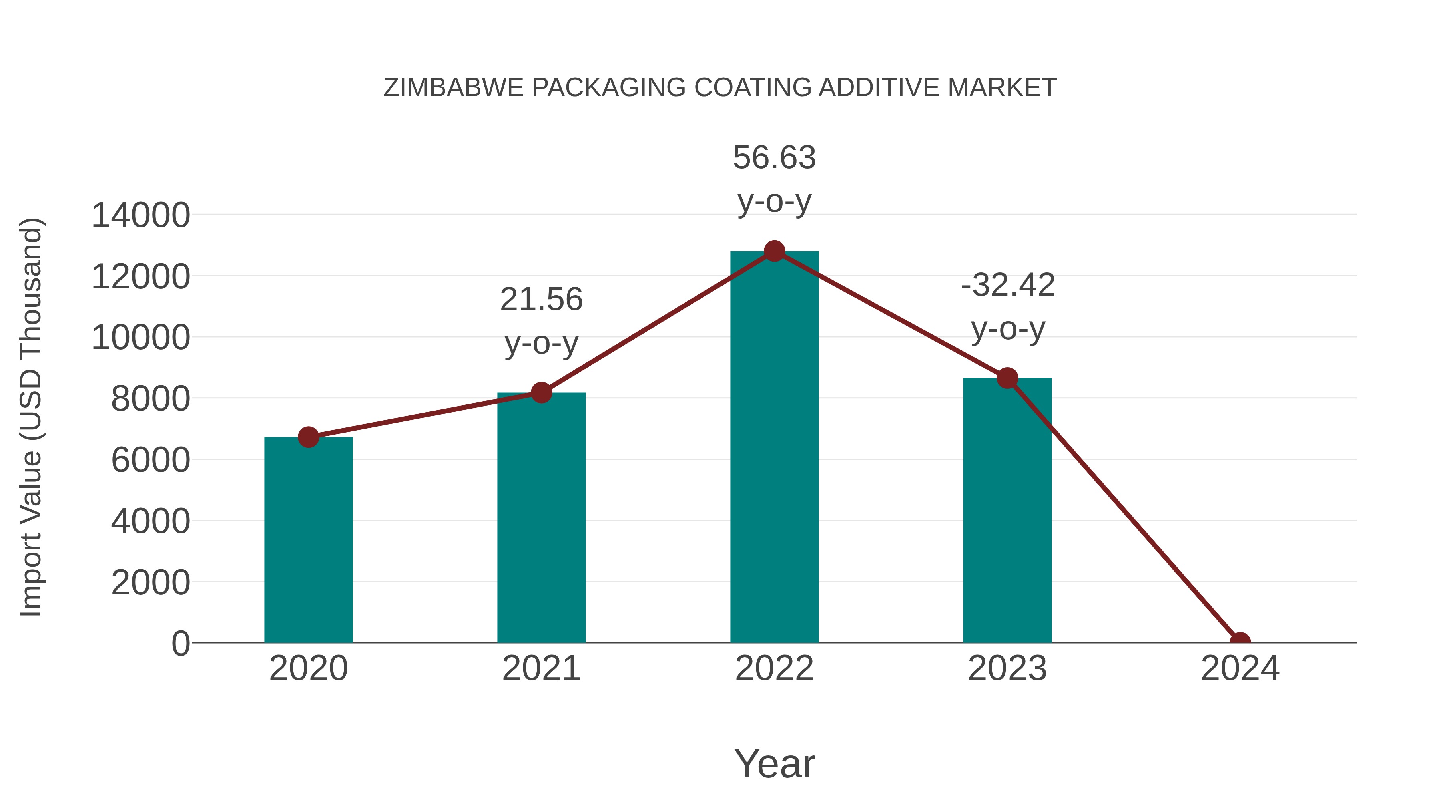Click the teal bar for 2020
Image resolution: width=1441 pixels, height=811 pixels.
[x=308, y=540]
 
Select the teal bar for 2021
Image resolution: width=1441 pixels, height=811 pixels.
[x=541, y=518]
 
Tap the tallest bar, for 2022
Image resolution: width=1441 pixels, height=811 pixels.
[x=774, y=448]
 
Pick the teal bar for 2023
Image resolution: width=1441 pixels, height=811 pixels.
[x=1007, y=511]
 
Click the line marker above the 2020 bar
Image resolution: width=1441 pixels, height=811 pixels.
[x=308, y=437]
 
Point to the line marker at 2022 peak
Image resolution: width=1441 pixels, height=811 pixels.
[x=774, y=251]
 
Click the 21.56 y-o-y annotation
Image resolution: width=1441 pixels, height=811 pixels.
[x=541, y=321]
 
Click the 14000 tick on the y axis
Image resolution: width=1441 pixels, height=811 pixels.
[x=140, y=215]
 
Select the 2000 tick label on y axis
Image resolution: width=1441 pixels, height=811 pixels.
[x=151, y=583]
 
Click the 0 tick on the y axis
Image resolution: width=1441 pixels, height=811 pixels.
[x=181, y=644]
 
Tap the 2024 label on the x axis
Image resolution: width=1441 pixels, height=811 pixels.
[x=1240, y=669]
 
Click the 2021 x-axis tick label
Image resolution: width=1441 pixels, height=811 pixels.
[x=541, y=669]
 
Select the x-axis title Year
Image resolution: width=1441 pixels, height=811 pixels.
[x=774, y=763]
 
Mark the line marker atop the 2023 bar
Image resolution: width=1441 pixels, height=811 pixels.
[x=1007, y=378]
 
